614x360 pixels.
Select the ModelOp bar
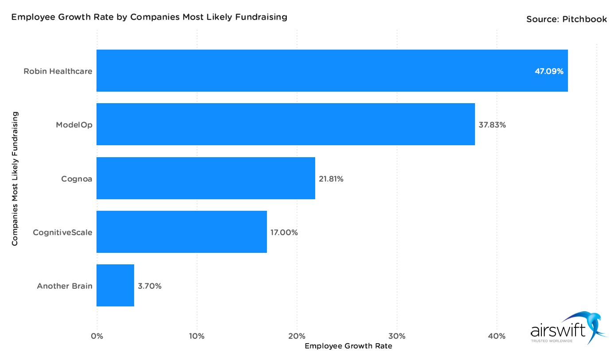point(286,124)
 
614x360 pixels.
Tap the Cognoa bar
point(206,178)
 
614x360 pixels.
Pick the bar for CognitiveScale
point(181,232)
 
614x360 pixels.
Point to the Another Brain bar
point(115,285)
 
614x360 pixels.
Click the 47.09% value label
point(549,71)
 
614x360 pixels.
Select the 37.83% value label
point(492,125)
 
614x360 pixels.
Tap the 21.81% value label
point(331,179)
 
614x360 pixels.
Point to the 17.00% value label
point(284,232)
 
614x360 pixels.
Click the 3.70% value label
point(150,286)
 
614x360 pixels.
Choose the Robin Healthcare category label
point(58,71)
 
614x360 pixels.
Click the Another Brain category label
point(65,286)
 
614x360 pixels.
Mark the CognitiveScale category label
point(63,232)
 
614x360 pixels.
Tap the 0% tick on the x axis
point(97,336)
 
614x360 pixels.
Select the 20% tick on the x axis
point(297,336)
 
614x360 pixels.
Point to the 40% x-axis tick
point(497,336)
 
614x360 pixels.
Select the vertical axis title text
point(15,178)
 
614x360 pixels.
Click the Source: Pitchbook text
point(566,19)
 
